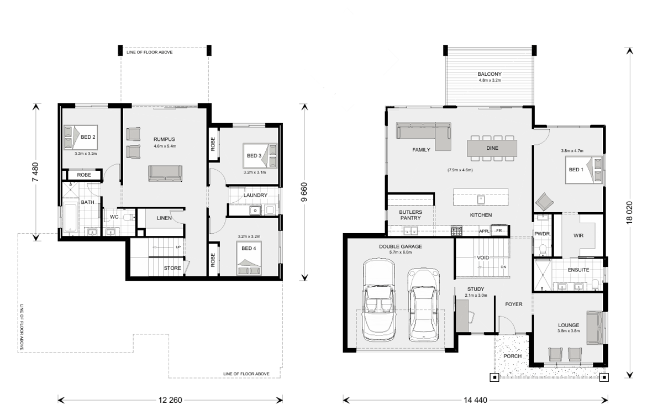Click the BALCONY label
pyautogui.click(x=490, y=74)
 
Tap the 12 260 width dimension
pyautogui.click(x=170, y=400)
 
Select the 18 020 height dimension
pyautogui.click(x=629, y=213)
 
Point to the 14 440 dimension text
pyautogui.click(x=475, y=400)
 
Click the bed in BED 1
pyautogui.click(x=584, y=170)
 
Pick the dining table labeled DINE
pyautogui.click(x=492, y=148)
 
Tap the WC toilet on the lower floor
pyautogui.click(x=129, y=218)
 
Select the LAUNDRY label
pyautogui.click(x=255, y=196)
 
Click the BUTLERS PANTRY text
pyautogui.click(x=411, y=215)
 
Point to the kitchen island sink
pyautogui.click(x=481, y=199)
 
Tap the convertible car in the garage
pyautogui.click(x=379, y=300)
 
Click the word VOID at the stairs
pyautogui.click(x=483, y=258)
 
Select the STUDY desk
pyautogui.click(x=462, y=316)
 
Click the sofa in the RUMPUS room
pyautogui.click(x=165, y=174)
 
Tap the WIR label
pyautogui.click(x=578, y=235)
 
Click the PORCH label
pyautogui.click(x=512, y=356)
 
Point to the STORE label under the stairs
pyautogui.click(x=172, y=268)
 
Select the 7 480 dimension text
pyautogui.click(x=35, y=172)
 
